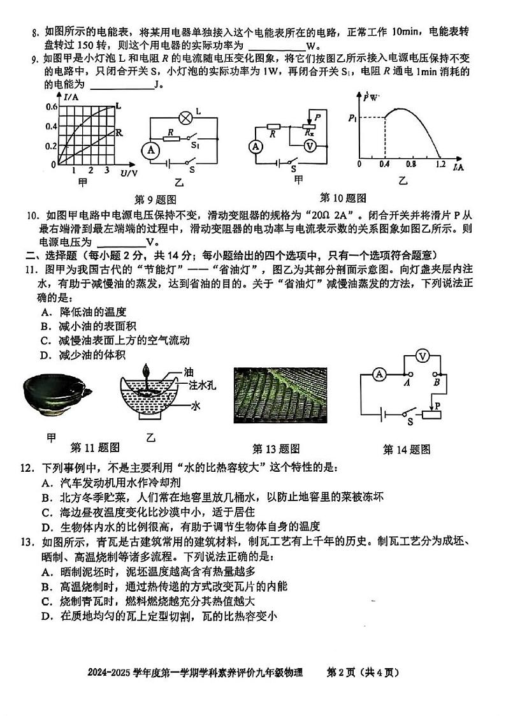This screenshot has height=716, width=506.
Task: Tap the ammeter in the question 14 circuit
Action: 379,374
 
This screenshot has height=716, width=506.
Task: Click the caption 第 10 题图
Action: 343,198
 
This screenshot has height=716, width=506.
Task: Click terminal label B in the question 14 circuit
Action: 437,383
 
